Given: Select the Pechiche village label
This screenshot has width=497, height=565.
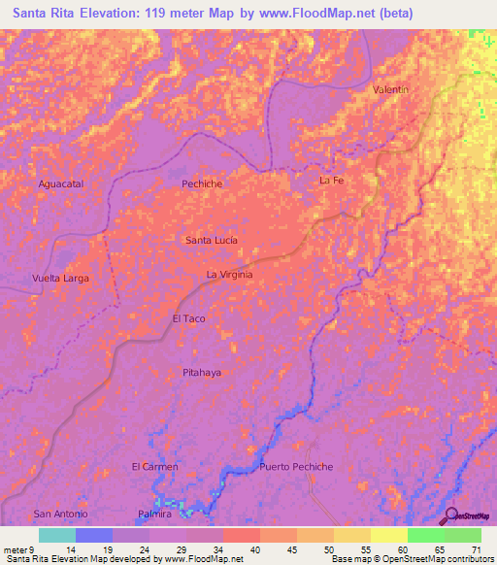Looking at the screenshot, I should tap(202, 183).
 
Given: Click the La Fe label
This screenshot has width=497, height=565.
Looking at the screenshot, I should tap(332, 181).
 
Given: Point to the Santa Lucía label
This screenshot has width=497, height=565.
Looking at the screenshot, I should tap(211, 239).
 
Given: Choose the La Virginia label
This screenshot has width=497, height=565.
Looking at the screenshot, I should tap(229, 275).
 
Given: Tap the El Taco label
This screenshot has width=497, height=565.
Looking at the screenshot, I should tap(188, 318).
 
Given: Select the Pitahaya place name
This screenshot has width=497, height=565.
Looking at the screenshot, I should tap(203, 372).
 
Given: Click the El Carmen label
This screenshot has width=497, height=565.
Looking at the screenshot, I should tap(154, 467).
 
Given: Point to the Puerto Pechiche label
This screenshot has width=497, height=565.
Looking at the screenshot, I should tap(296, 467).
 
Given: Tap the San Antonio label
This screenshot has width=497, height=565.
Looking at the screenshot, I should tap(60, 513).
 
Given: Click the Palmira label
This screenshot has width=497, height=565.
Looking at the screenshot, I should tap(154, 513).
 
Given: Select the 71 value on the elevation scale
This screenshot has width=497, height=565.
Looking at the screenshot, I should tap(475, 548).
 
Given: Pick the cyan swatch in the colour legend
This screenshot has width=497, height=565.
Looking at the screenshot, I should tap(56, 535).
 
